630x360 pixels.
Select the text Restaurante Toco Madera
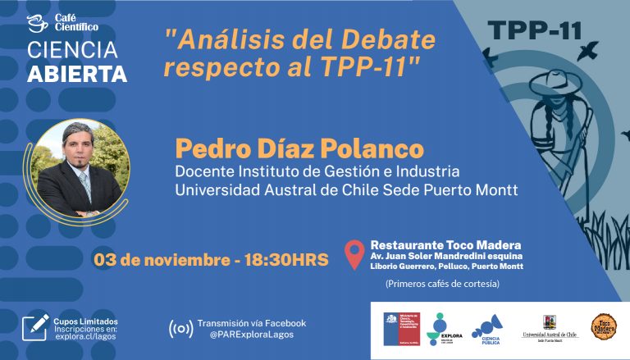click(x=445, y=244)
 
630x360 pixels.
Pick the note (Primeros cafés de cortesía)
click(x=442, y=284)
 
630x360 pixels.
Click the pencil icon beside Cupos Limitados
click(x=35, y=325)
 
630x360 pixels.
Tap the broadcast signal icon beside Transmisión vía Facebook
click(x=180, y=329)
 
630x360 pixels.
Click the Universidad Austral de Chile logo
click(x=550, y=328)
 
